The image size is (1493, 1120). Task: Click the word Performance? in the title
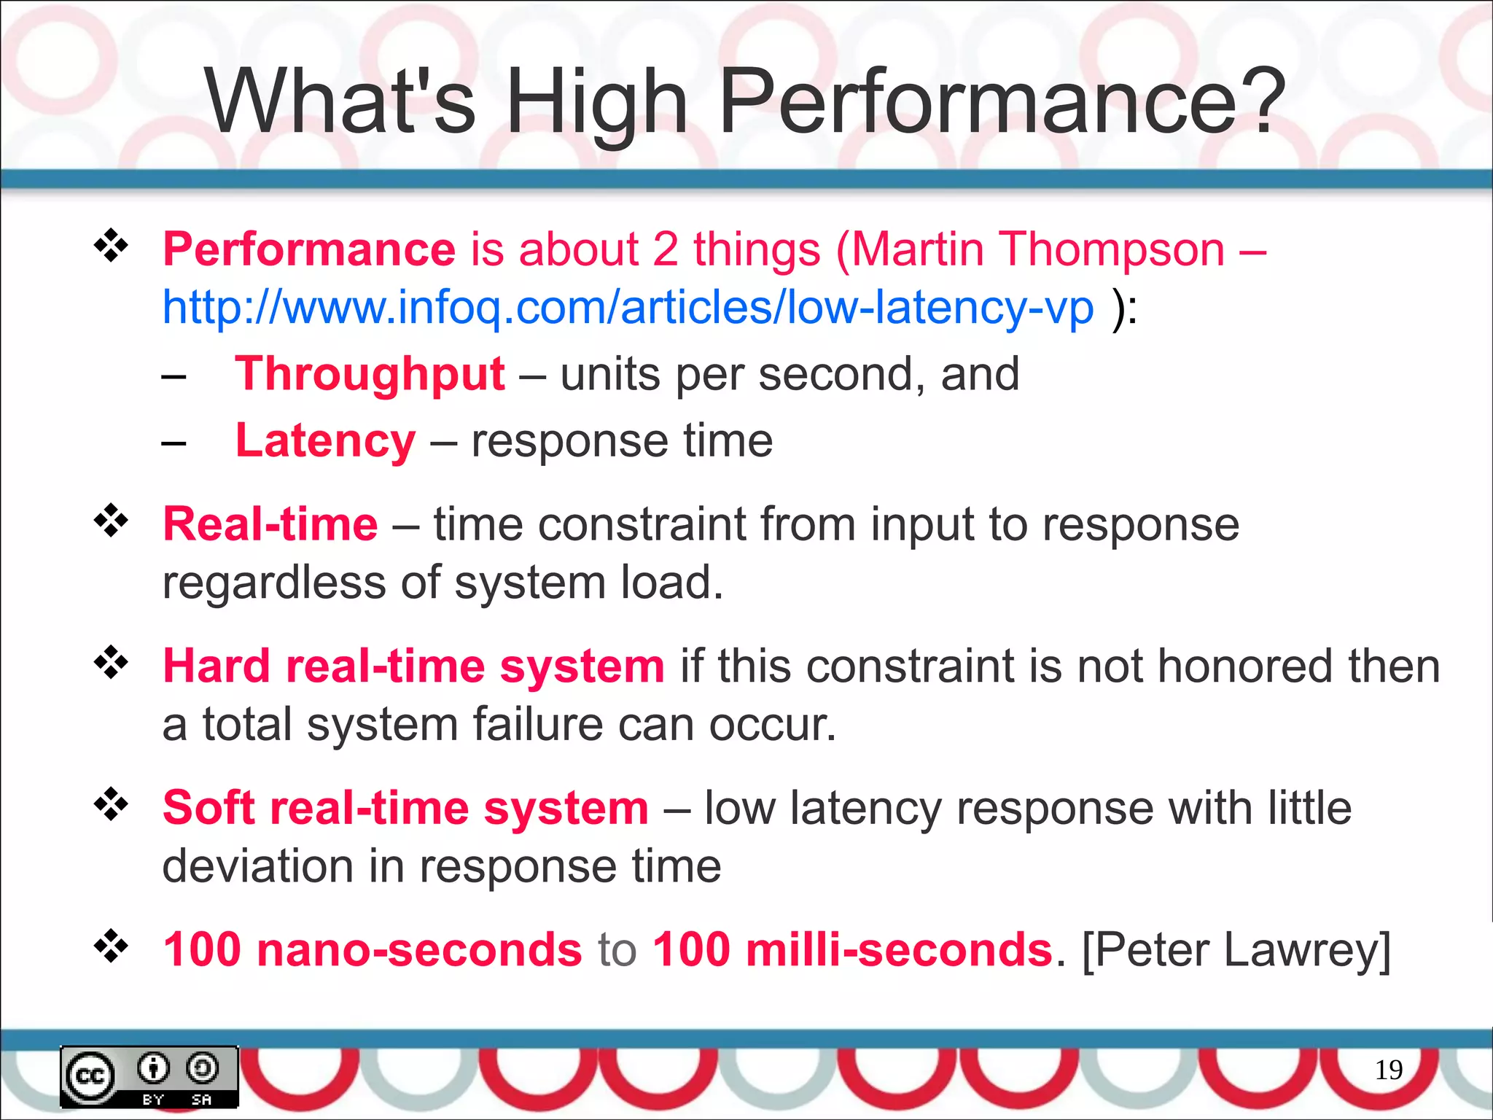pyautogui.click(x=1002, y=102)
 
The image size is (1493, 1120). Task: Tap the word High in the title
pyautogui.click(x=596, y=102)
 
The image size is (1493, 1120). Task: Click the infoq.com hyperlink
pyautogui.click(x=627, y=307)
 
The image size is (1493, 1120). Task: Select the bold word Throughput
pyautogui.click(x=370, y=374)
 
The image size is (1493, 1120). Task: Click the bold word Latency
pyautogui.click(x=325, y=440)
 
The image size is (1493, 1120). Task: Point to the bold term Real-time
pyautogui.click(x=270, y=524)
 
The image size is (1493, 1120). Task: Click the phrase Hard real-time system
pyautogui.click(x=413, y=666)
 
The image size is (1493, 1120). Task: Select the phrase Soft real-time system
pyautogui.click(x=405, y=808)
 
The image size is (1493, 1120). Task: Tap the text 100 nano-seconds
pyautogui.click(x=372, y=949)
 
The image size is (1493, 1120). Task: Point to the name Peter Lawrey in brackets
pyautogui.click(x=1236, y=949)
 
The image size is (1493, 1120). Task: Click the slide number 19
pyautogui.click(x=1388, y=1070)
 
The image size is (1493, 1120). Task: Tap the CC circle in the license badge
pyautogui.click(x=90, y=1076)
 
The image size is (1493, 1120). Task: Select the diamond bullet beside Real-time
pyautogui.click(x=111, y=521)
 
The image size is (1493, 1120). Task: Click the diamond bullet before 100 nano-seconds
pyautogui.click(x=111, y=946)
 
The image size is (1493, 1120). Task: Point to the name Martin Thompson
pyautogui.click(x=1038, y=249)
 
